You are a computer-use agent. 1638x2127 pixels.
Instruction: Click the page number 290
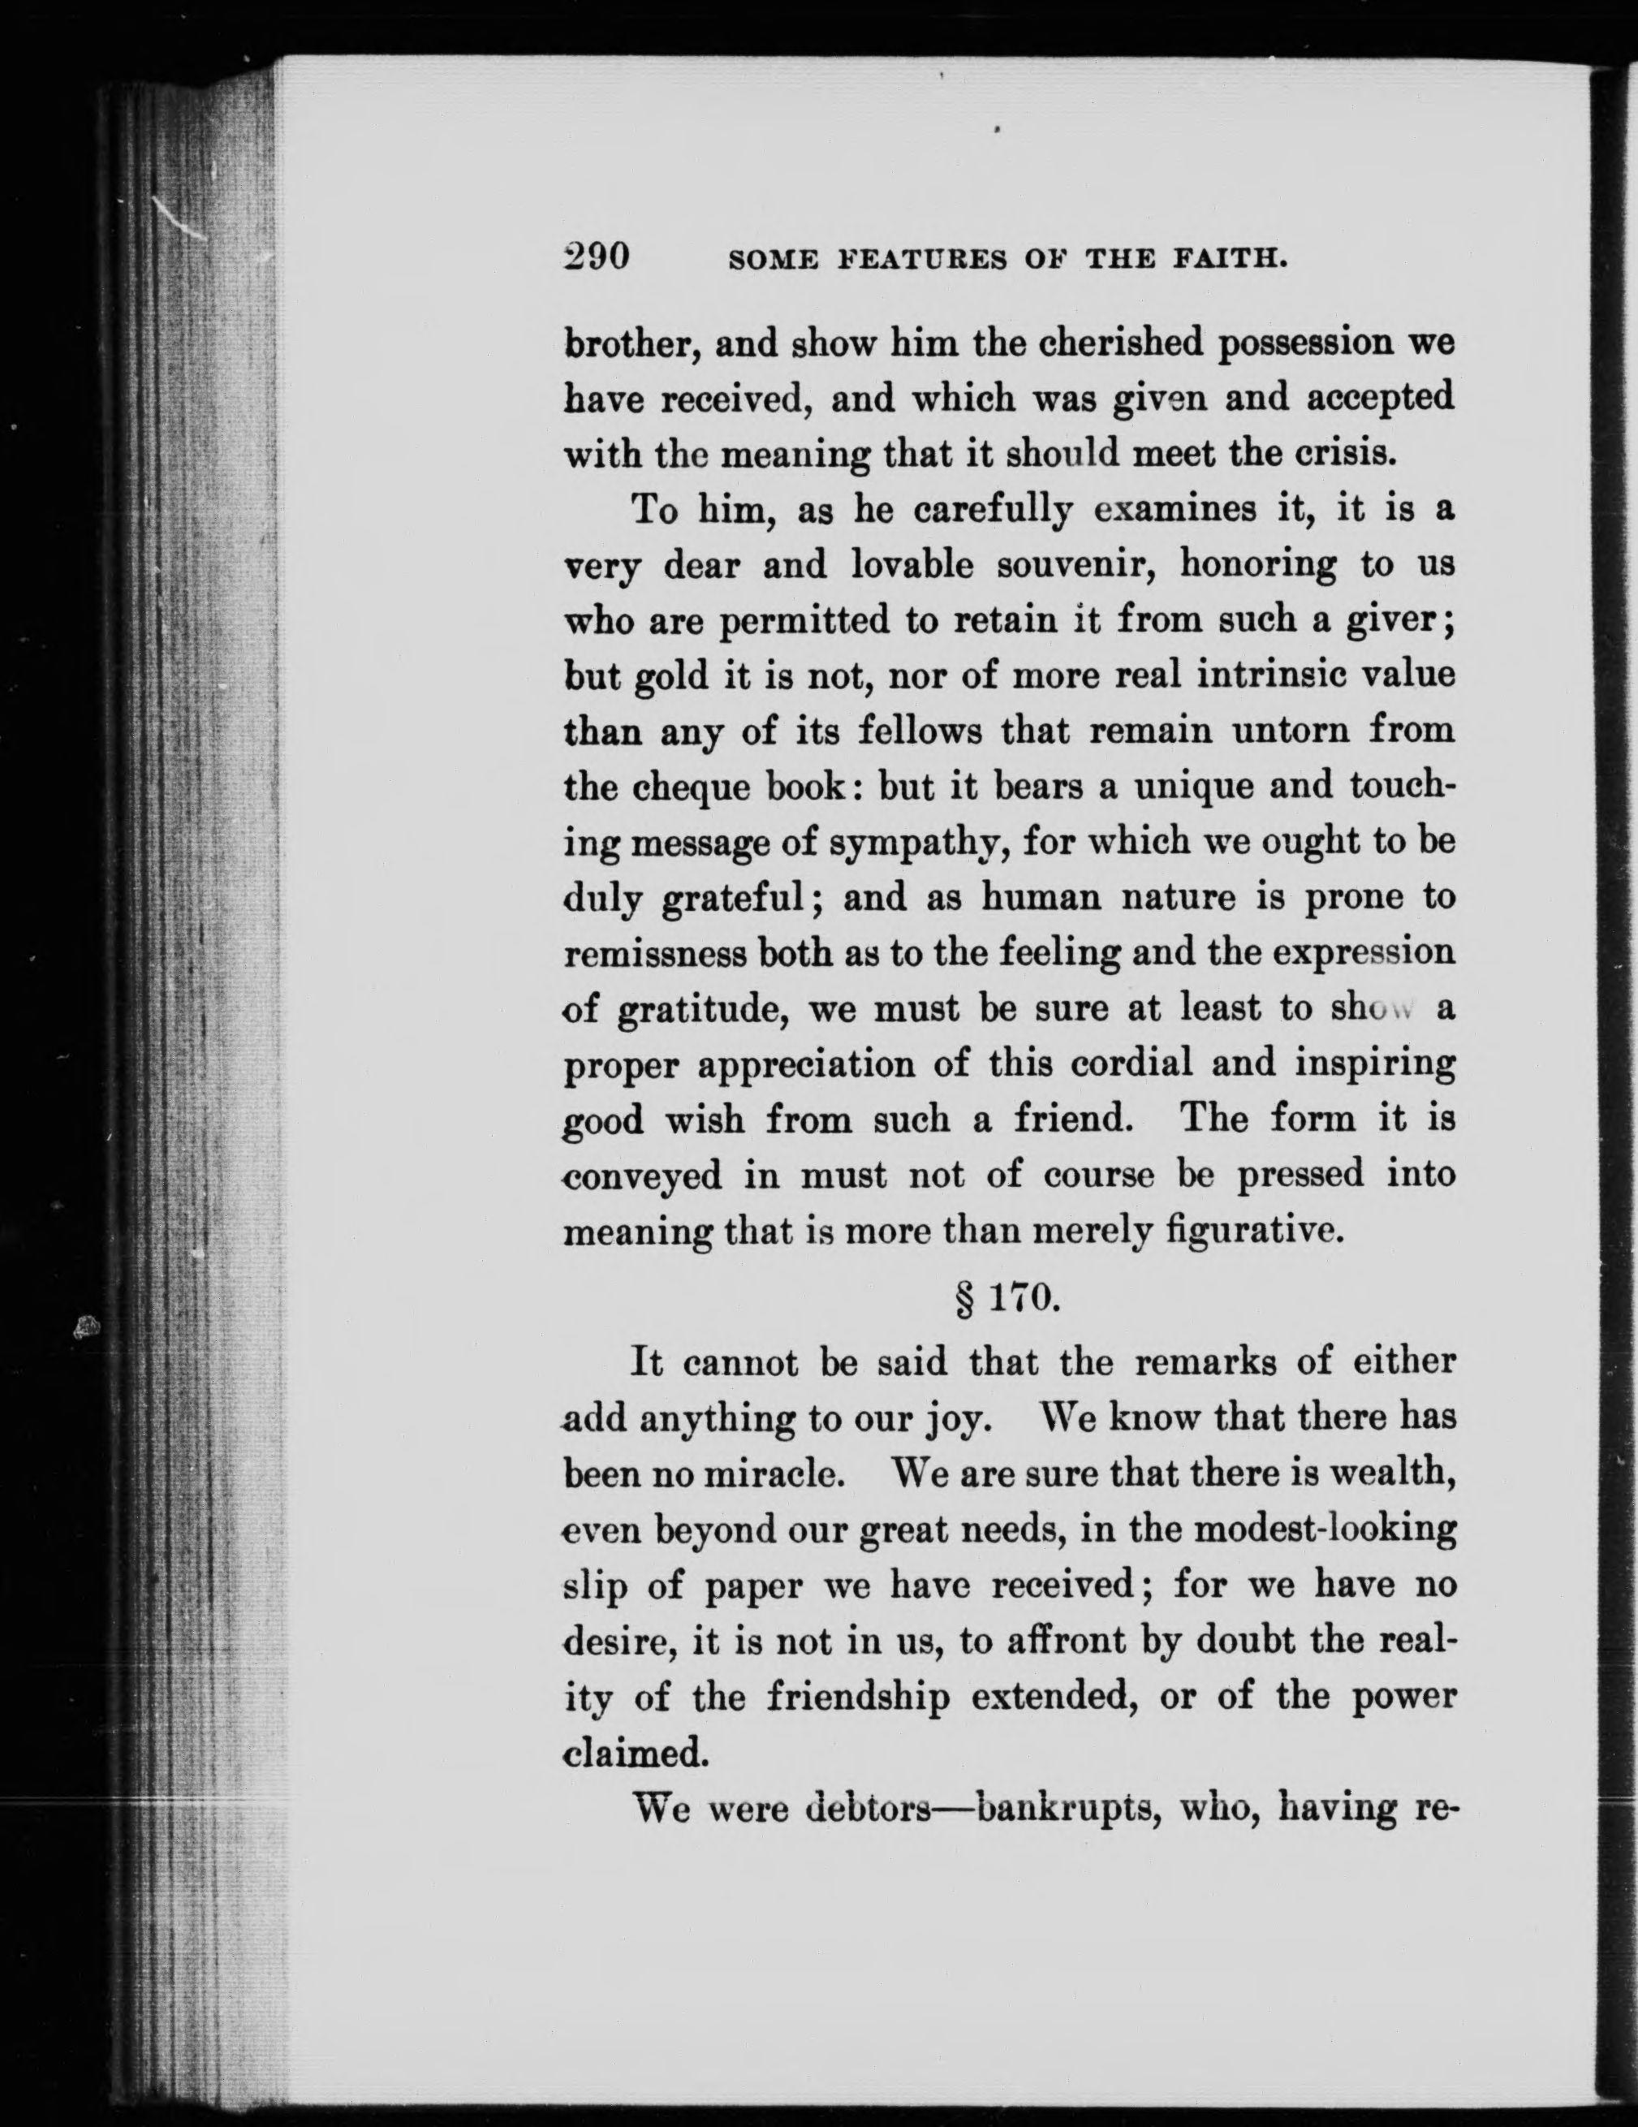click(597, 257)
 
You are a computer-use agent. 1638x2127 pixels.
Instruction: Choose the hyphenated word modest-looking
click(1325, 1529)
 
